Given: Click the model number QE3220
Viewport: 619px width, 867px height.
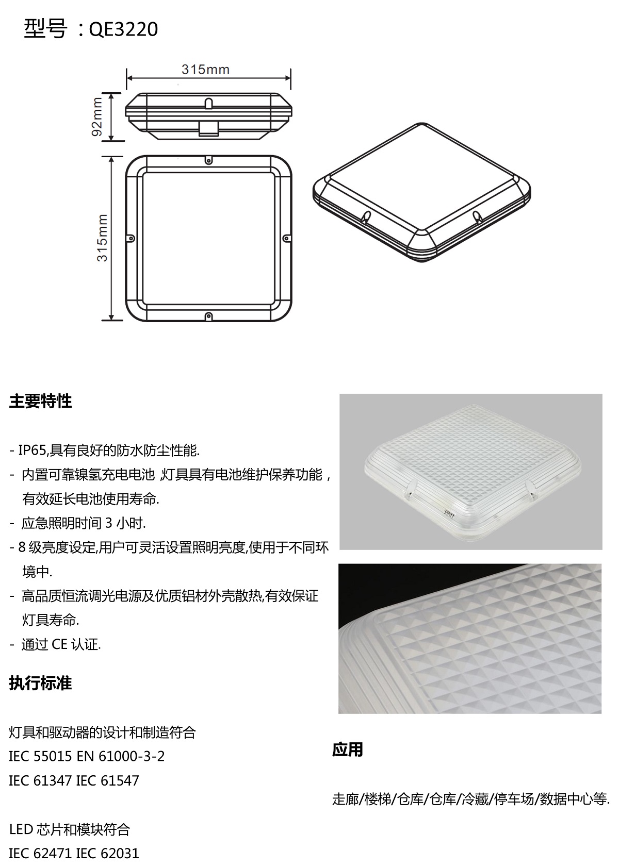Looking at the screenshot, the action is point(123,29).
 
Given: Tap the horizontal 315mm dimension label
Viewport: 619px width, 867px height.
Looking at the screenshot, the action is point(205,70).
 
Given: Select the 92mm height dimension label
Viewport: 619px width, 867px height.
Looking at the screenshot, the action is point(96,116).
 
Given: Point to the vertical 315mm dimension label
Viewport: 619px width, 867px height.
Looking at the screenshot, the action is point(102,238).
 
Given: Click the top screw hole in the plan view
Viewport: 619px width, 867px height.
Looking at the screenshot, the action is point(208,160).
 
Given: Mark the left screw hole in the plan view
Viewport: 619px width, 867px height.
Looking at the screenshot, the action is point(132,238).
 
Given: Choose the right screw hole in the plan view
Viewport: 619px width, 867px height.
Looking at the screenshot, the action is point(286,238).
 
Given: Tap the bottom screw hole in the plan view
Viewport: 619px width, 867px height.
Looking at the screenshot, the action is point(208,316).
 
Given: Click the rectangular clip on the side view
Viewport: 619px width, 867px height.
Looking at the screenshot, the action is point(209,129).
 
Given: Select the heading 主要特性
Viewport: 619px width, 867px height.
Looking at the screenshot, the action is point(41,402).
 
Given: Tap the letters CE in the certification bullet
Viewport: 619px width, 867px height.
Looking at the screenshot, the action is point(59,644).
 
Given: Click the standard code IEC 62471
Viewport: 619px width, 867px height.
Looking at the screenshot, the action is point(40,854).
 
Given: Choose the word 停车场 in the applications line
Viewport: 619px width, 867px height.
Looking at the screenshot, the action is point(514,799).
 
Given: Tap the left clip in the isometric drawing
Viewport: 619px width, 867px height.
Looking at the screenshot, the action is point(365,217).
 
